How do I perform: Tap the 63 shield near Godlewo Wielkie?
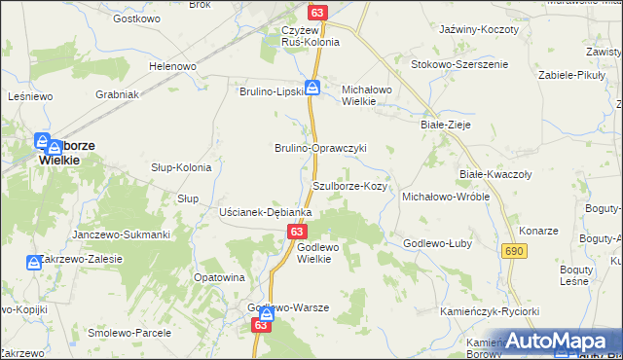[298, 232]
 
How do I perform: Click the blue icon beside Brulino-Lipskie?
[312, 88]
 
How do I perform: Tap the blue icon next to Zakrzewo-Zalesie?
[33, 263]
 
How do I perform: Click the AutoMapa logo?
[555, 342]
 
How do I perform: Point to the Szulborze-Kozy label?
[351, 185]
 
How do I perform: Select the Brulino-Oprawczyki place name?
[319, 148]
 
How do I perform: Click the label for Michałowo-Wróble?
[446, 197]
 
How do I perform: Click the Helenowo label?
[172, 66]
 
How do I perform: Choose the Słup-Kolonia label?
[181, 167]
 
